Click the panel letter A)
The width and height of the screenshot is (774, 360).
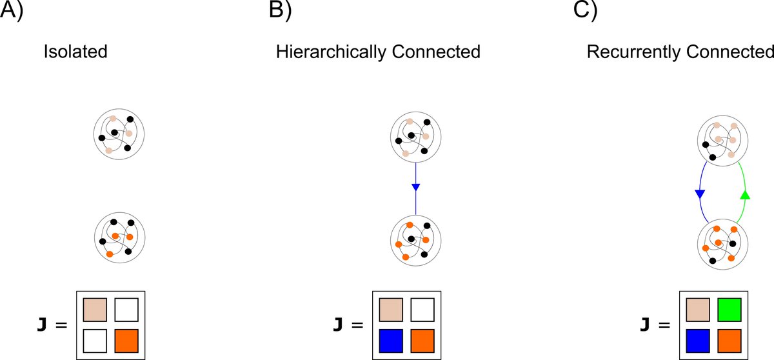click(x=12, y=13)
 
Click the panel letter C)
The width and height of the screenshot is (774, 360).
click(x=599, y=13)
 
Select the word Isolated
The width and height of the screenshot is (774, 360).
click(x=75, y=52)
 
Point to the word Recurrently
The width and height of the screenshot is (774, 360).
click(x=630, y=52)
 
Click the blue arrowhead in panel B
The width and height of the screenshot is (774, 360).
click(x=416, y=188)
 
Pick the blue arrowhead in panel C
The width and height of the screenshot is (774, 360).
click(x=700, y=194)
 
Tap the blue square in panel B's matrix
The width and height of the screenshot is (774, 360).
click(x=391, y=340)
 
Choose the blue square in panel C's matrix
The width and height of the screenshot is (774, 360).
click(x=698, y=340)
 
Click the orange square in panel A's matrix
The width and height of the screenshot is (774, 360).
click(x=126, y=340)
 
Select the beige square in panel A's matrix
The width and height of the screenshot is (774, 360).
click(x=95, y=309)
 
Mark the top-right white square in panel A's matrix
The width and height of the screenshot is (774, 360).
click(x=126, y=309)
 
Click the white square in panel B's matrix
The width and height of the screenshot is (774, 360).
click(x=422, y=309)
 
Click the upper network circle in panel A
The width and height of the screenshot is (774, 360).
click(x=119, y=135)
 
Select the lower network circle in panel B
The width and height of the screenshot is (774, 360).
click(x=416, y=240)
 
